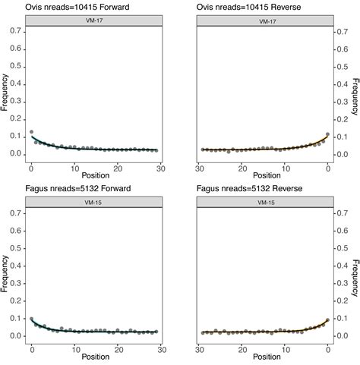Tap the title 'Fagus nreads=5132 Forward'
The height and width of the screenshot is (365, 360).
[x=78, y=189]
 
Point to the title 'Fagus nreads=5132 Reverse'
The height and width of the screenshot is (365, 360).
[x=248, y=189]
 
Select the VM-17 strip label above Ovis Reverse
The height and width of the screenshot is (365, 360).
[x=263, y=21]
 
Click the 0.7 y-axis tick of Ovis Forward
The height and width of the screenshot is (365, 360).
[x=17, y=33]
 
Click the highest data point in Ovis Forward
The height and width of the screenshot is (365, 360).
[x=31, y=132]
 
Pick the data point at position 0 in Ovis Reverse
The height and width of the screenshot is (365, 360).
[x=327, y=134]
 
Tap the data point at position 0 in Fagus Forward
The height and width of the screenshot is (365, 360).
[x=31, y=319]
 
